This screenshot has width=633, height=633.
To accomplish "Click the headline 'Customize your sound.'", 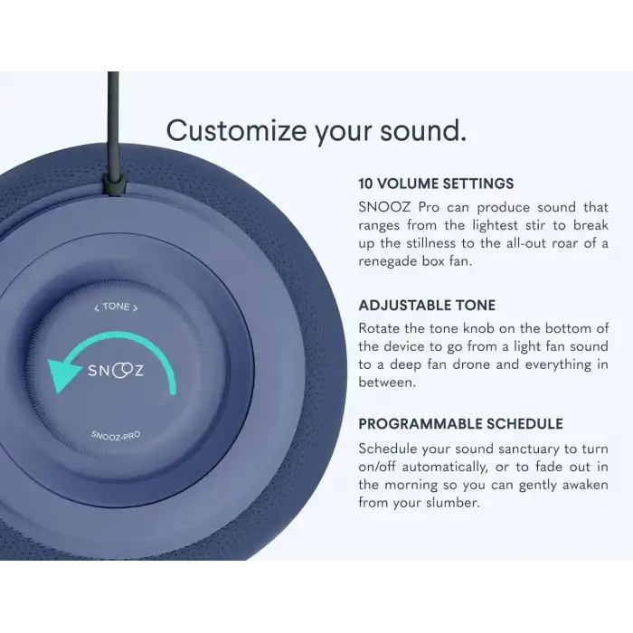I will pyautogui.click(x=316, y=130).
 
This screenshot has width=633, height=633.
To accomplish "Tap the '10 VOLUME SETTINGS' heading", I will pyautogui.click(x=436, y=184).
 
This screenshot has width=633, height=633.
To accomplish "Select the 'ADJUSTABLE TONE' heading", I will pyautogui.click(x=427, y=306).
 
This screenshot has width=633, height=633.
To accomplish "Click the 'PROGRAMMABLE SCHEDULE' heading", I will pyautogui.click(x=460, y=424).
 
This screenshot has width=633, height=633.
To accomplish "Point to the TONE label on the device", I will pyautogui.click(x=117, y=307).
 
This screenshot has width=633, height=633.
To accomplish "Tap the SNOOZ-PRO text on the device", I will pyautogui.click(x=116, y=434).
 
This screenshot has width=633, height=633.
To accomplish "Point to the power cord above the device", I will pyautogui.click(x=113, y=109).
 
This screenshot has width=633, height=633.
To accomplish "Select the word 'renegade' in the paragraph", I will pyautogui.click(x=390, y=261).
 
